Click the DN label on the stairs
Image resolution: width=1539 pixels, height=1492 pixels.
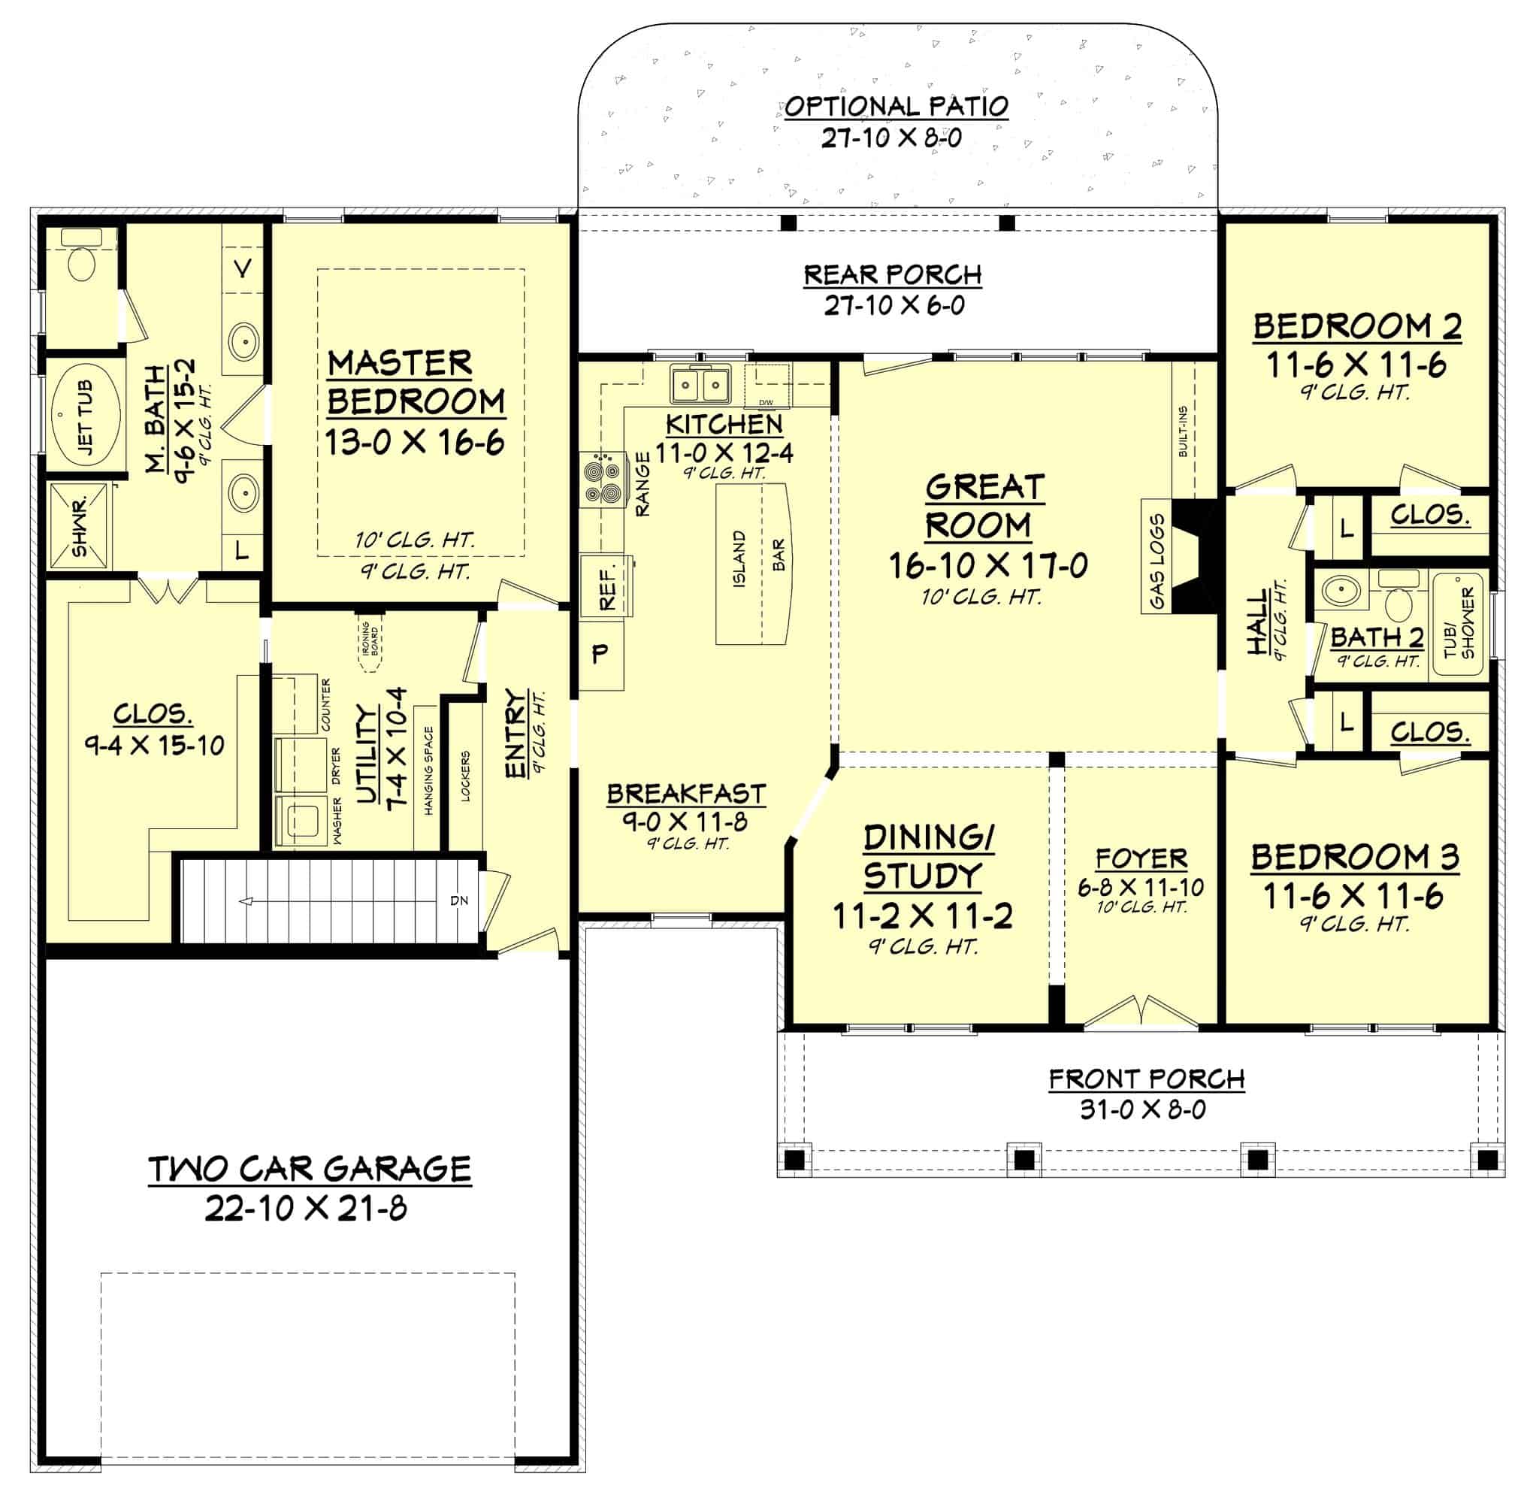459,900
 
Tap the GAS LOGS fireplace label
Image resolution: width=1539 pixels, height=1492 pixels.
1157,561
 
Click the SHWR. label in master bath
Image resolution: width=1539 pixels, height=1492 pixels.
80,525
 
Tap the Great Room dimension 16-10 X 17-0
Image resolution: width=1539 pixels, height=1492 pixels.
987,565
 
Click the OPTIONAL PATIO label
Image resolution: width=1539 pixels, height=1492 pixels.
896,106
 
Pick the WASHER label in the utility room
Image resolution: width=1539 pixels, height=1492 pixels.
337,822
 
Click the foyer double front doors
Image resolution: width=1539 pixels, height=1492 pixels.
1141,1013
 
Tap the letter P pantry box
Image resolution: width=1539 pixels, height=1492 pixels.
600,652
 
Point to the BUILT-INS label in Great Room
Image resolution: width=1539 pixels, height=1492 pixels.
1183,431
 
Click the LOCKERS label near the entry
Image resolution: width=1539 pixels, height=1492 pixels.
466,776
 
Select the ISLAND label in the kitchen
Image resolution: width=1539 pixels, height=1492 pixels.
739,559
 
